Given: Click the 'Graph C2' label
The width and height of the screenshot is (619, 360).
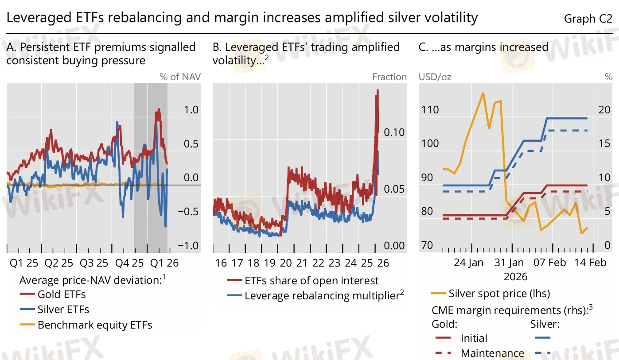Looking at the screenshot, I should tap(588, 19).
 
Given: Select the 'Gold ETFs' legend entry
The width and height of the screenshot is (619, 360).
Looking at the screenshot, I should tap(62, 294).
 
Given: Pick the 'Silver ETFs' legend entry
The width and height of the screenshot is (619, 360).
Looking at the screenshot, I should tap(63, 310).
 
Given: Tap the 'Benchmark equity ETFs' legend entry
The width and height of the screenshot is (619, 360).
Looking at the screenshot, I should tap(95, 325).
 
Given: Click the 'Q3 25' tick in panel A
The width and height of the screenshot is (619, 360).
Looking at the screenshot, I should tap(94, 263).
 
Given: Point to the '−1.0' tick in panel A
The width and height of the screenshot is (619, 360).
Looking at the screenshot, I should tap(188, 246).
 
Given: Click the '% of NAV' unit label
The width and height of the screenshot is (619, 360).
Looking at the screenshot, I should tap(180, 77).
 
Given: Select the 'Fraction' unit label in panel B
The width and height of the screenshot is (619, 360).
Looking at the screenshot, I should tap(389, 77).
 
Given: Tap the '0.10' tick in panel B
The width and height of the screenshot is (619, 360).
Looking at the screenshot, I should tap(394, 132).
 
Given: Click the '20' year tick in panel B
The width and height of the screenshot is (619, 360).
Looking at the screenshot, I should tap(286, 263).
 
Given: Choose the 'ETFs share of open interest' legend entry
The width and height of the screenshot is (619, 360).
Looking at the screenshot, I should tap(311, 281).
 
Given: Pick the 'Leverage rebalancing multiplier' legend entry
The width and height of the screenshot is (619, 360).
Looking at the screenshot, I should tap(322, 296).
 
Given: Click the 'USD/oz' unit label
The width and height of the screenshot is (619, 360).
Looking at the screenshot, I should tap(435, 77).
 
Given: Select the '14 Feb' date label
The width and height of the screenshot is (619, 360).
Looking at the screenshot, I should tap(590, 263).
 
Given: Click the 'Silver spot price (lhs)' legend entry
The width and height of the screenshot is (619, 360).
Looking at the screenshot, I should tap(499, 293).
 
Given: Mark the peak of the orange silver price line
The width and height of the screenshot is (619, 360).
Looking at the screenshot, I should tap(483, 93).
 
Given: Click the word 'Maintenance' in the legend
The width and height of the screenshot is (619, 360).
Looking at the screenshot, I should tap(492, 353).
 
